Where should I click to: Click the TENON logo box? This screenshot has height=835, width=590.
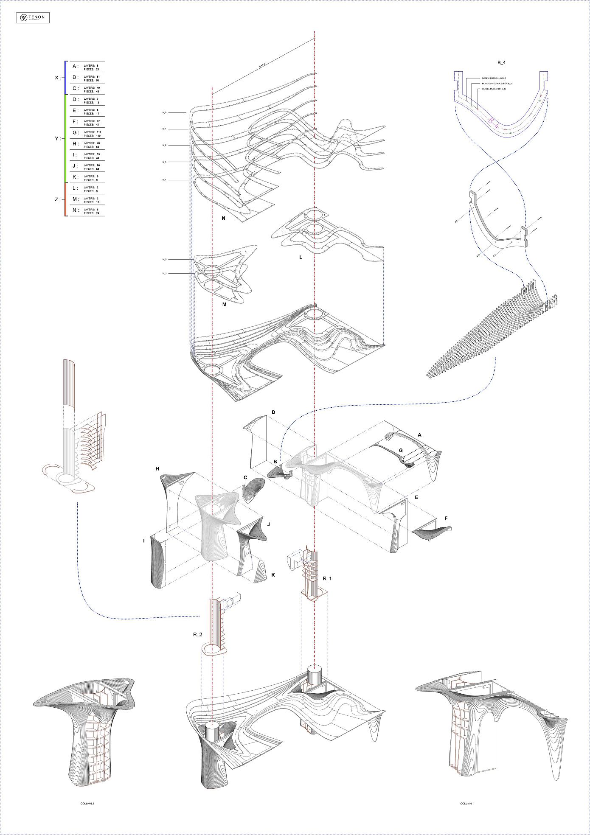(x=33, y=18)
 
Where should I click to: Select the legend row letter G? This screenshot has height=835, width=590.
(x=75, y=133)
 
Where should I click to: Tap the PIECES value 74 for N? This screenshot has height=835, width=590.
(x=98, y=213)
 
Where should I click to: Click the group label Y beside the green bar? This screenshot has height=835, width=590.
(x=57, y=138)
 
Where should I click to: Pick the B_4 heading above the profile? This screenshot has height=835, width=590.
(x=501, y=62)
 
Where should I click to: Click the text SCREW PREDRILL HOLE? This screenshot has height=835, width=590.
(x=494, y=78)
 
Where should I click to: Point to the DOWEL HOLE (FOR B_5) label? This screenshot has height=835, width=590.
(x=494, y=89)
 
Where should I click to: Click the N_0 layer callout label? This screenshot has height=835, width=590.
(x=164, y=112)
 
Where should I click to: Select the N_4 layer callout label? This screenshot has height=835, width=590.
(x=164, y=180)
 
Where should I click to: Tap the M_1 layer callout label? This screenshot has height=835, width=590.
(x=164, y=274)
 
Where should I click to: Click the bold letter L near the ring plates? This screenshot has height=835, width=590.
(x=301, y=257)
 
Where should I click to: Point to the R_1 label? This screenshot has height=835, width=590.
(x=327, y=578)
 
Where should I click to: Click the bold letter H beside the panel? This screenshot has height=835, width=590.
(x=157, y=469)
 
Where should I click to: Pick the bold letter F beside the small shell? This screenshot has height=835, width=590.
(x=446, y=518)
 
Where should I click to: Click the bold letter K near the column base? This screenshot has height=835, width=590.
(x=273, y=574)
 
